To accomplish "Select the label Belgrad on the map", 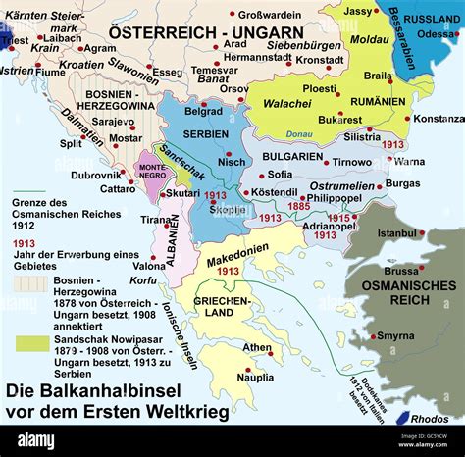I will (x=204, y=112).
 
